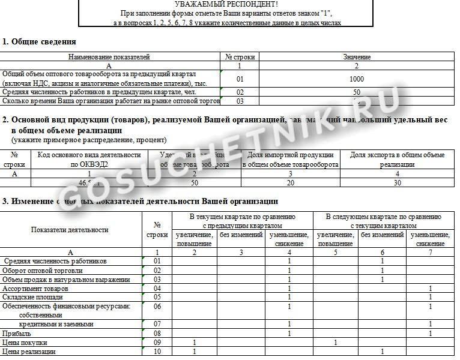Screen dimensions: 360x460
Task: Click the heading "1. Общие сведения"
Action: point(39,41)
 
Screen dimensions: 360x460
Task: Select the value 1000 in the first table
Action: point(357,79)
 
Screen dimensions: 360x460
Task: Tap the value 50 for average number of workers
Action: point(357,92)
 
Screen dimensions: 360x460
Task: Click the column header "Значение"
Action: point(357,57)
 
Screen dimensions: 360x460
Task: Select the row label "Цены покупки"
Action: point(25,343)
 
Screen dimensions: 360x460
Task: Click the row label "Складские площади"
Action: point(32,297)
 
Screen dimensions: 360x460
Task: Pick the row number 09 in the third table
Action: point(157,343)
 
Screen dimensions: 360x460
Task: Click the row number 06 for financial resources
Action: point(157,307)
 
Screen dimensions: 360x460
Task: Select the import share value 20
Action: point(291,183)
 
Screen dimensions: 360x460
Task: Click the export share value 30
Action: point(397,183)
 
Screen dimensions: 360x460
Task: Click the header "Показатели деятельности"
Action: point(70,230)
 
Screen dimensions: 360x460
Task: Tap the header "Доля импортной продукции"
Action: point(291,155)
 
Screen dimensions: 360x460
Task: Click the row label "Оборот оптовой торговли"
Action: point(43,271)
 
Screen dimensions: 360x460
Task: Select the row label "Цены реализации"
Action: point(29,352)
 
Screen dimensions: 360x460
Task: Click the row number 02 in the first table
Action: point(240,92)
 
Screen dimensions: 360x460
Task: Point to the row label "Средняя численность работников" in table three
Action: point(55,261)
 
